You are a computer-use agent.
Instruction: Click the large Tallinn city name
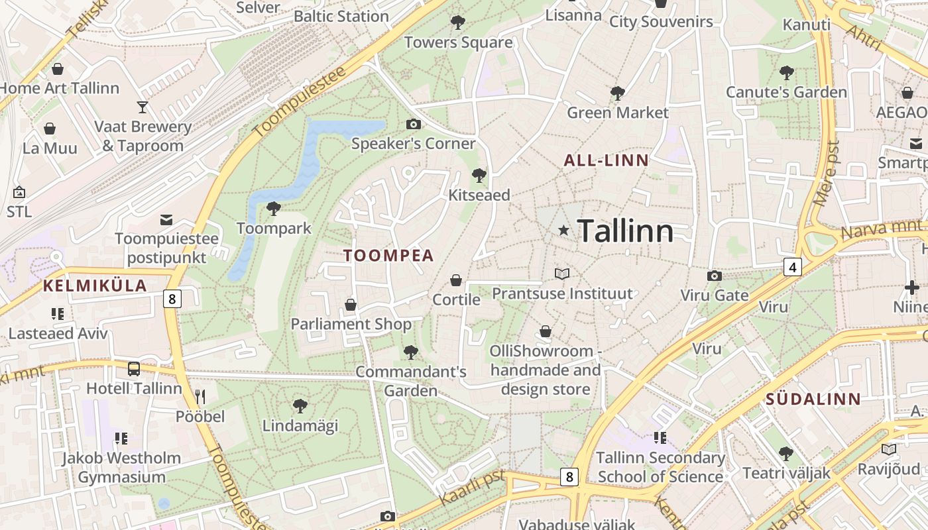tap(625, 231)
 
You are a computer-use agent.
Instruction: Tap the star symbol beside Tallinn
tap(563, 230)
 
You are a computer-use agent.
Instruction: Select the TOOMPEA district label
tap(388, 256)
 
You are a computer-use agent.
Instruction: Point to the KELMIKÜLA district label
tap(95, 286)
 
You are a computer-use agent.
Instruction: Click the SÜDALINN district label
tap(813, 399)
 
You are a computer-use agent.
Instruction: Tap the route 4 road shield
tap(792, 267)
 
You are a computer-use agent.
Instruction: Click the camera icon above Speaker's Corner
tap(413, 124)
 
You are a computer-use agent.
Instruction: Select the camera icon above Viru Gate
tap(714, 276)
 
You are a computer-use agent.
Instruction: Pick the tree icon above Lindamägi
tap(300, 405)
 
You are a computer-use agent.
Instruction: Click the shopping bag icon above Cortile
tap(456, 280)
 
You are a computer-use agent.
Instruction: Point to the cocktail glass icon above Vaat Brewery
tap(143, 107)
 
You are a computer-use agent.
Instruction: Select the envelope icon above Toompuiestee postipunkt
tap(166, 219)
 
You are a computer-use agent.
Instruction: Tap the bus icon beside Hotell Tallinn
tap(134, 369)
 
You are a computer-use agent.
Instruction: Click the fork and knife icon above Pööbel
tap(200, 397)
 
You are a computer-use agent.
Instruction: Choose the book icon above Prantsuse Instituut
tap(562, 274)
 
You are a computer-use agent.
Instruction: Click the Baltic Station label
tap(341, 16)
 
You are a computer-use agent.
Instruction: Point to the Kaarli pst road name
tap(473, 487)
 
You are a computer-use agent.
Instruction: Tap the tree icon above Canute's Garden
tap(787, 73)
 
